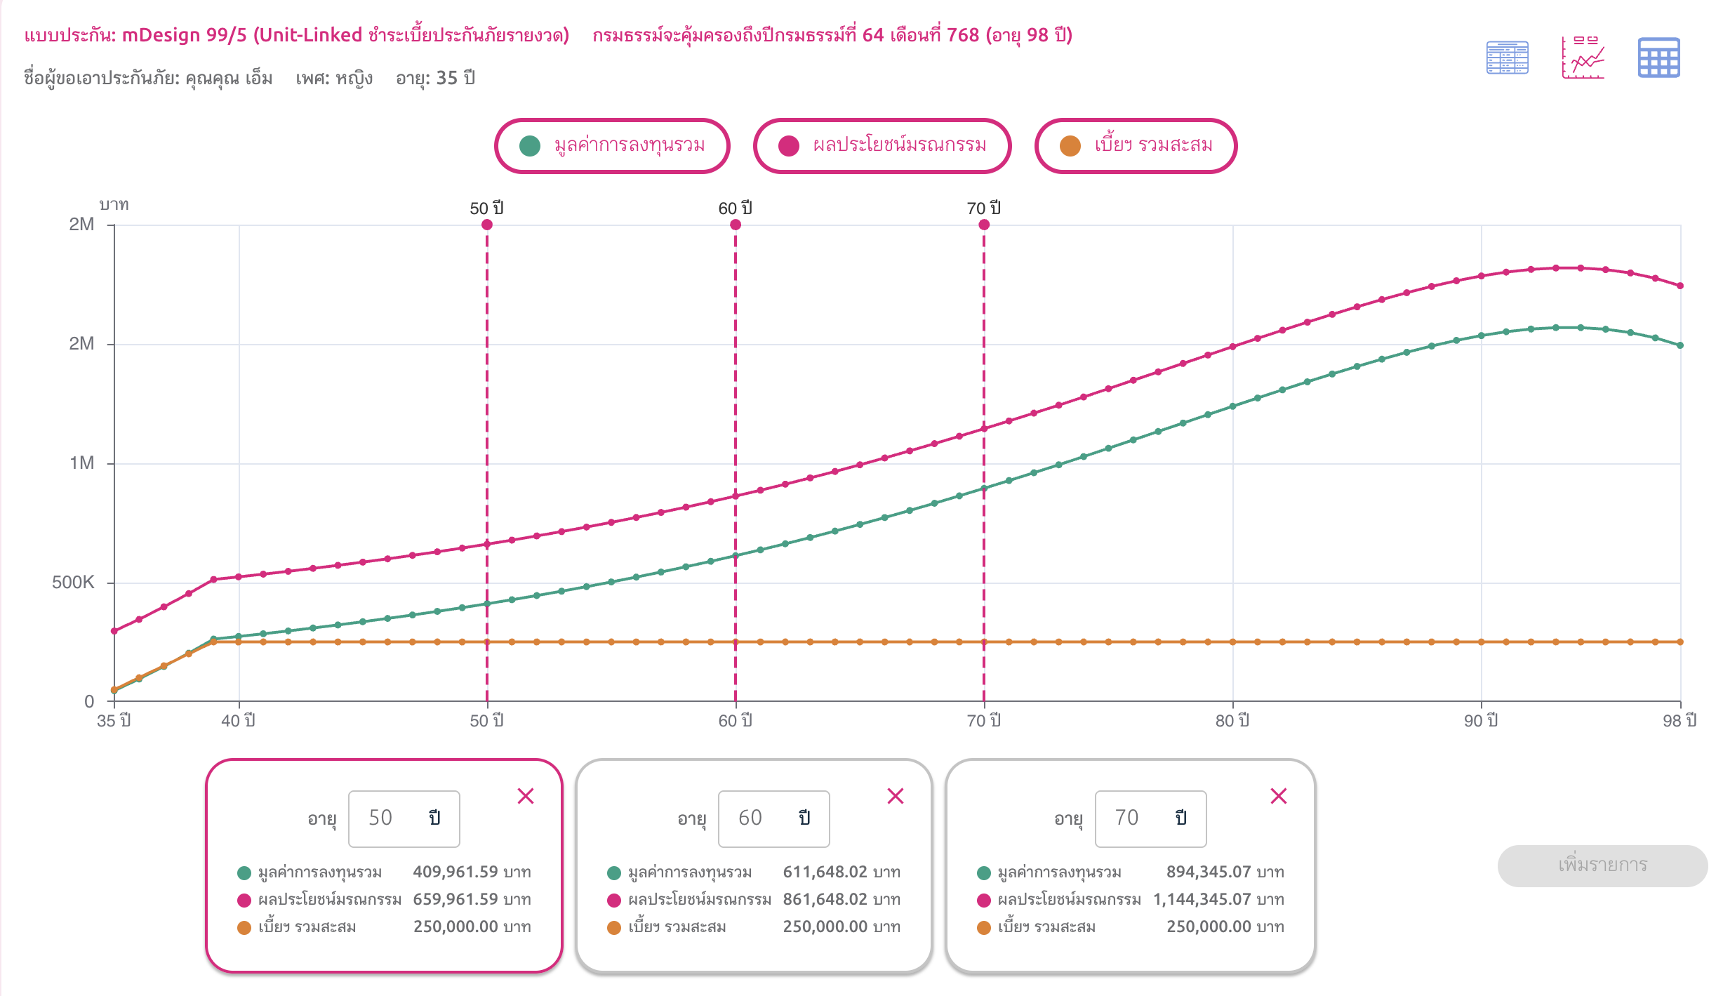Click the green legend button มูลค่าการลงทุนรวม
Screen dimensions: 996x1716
tap(612, 146)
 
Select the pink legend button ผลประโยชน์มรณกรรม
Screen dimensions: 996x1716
tap(882, 146)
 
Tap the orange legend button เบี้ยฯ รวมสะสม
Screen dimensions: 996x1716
tap(1136, 146)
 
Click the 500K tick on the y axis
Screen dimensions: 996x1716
tap(73, 583)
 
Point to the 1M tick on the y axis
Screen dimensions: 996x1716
tap(81, 463)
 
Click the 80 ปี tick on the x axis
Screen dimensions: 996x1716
tap(1232, 721)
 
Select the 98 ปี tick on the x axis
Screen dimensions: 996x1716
tap(1679, 721)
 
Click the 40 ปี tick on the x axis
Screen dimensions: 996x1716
tap(239, 721)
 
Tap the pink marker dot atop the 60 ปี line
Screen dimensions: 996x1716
tap(736, 225)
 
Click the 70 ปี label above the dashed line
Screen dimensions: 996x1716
tap(984, 208)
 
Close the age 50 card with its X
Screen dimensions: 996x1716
tap(526, 796)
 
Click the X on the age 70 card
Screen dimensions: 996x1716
tap(1279, 796)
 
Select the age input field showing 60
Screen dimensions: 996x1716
tap(773, 818)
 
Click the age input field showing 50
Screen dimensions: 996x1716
tap(404, 818)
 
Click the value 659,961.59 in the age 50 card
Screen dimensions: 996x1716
tap(455, 899)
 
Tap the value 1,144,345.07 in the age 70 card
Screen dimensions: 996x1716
tap(1202, 899)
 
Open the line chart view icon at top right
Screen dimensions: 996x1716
tap(1583, 58)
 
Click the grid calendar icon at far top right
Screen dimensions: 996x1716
tap(1658, 58)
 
